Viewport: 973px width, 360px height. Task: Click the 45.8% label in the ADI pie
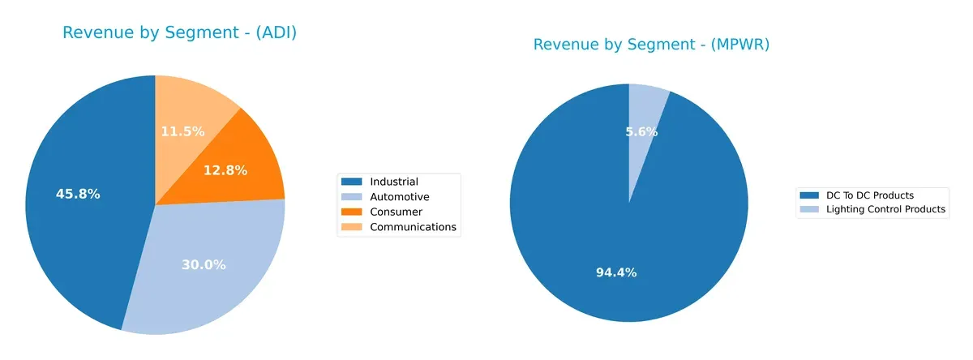(78, 195)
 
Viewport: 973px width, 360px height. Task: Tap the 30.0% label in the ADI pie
(204, 265)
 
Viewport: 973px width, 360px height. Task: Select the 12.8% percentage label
(225, 170)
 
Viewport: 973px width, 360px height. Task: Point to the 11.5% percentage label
(182, 131)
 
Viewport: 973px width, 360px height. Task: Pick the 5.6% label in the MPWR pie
(641, 131)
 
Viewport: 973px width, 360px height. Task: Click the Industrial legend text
(394, 182)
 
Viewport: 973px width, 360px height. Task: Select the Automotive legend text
(400, 197)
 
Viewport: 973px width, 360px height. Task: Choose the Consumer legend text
(396, 212)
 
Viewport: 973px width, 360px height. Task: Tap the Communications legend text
(414, 227)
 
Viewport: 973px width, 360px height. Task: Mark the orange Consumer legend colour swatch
(353, 212)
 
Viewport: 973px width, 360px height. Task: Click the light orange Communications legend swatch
(353, 227)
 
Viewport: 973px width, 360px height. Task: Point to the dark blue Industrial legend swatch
(353, 182)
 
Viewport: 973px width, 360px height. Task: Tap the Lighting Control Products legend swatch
(809, 209)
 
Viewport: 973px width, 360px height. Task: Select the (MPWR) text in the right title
(740, 45)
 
